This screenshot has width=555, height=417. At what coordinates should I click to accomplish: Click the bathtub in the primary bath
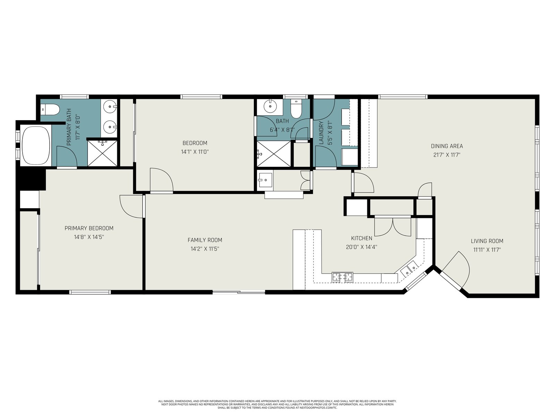pyautogui.click(x=36, y=146)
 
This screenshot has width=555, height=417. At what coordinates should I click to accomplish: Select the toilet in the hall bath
pyautogui.click(x=296, y=109)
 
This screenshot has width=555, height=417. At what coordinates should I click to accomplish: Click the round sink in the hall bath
pyautogui.click(x=270, y=106)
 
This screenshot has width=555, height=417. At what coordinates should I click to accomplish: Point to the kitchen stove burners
pyautogui.click(x=343, y=277)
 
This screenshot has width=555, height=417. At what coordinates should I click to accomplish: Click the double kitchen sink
pyautogui.click(x=410, y=269)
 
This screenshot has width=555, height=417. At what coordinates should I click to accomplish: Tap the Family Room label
pyautogui.click(x=205, y=240)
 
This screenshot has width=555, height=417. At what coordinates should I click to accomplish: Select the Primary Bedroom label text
pyautogui.click(x=89, y=228)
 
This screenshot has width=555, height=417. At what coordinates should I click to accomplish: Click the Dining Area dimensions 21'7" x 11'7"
pyautogui.click(x=447, y=155)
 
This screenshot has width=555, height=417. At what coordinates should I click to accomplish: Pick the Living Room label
pyautogui.click(x=487, y=241)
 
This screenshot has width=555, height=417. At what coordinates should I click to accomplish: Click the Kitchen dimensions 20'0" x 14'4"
pyautogui.click(x=361, y=247)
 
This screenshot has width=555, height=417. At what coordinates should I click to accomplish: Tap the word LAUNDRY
pyautogui.click(x=321, y=133)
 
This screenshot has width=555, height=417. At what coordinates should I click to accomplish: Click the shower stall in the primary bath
pyautogui.click(x=102, y=153)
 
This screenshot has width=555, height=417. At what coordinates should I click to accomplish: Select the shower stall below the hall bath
pyautogui.click(x=274, y=154)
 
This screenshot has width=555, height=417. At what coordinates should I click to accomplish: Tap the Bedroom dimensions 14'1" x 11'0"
pyautogui.click(x=195, y=152)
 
